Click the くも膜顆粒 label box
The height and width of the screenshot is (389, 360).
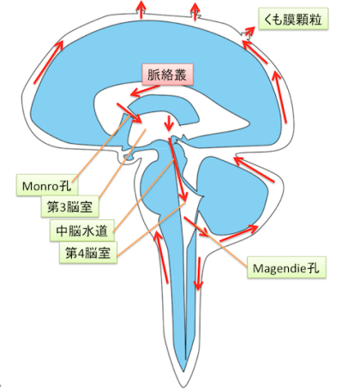pyautogui.click(x=293, y=19)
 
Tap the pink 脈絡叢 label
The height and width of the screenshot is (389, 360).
pyautogui.click(x=168, y=75)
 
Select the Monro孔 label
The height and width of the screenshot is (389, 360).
pyautogui.click(x=47, y=186)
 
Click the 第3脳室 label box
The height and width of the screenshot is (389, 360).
pyautogui.click(x=70, y=206)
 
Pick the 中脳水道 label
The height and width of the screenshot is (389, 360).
pyautogui.click(x=82, y=230)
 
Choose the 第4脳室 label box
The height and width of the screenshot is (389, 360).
pyautogui.click(x=88, y=253)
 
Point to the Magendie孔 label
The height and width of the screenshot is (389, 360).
pyautogui.click(x=286, y=267)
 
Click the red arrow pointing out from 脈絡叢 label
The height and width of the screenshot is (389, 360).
pyautogui.click(x=144, y=91)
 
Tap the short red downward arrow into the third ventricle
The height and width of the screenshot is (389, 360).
pyautogui.click(x=169, y=123)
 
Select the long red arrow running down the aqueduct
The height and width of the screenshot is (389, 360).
pyautogui.click(x=177, y=170)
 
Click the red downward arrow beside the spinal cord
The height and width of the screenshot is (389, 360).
pyautogui.click(x=198, y=273)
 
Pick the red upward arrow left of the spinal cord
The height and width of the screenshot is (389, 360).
pyautogui.click(x=161, y=256)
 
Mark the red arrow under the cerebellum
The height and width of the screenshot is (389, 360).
pyautogui.click(x=239, y=233)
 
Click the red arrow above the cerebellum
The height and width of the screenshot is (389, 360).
pyautogui.click(x=254, y=169)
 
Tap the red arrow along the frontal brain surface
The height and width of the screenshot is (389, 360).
pyautogui.click(x=48, y=63)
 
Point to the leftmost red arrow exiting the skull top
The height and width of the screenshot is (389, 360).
pyautogui.click(x=141, y=9)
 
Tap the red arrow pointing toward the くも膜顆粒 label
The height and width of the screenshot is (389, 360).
pyautogui.click(x=248, y=33)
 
